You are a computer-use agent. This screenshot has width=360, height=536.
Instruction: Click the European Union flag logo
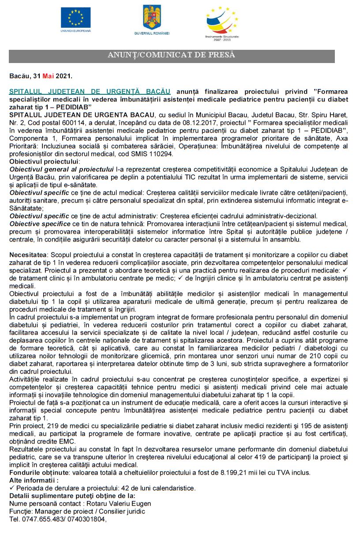pyautogui.click(x=75, y=18)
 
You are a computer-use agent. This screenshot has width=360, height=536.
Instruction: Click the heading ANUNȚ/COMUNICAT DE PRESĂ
pyautogui.click(x=172, y=56)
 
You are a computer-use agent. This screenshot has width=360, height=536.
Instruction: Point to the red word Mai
pyautogui.click(x=49, y=76)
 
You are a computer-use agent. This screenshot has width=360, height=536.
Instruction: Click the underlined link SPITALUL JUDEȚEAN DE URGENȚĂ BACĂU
pyautogui.click(x=90, y=91)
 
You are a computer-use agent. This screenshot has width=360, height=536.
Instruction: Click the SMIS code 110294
pyautogui.click(x=161, y=154)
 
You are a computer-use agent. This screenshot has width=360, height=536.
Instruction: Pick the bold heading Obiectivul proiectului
pyautogui.click(x=38, y=162)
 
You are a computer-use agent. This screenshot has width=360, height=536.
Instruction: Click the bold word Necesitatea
pyautogui.click(x=29, y=255)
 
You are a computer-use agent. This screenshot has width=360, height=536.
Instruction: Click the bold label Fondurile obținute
pyautogui.click(x=36, y=472)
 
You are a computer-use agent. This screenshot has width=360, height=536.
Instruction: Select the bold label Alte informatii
pyautogui.click(x=33, y=480)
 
